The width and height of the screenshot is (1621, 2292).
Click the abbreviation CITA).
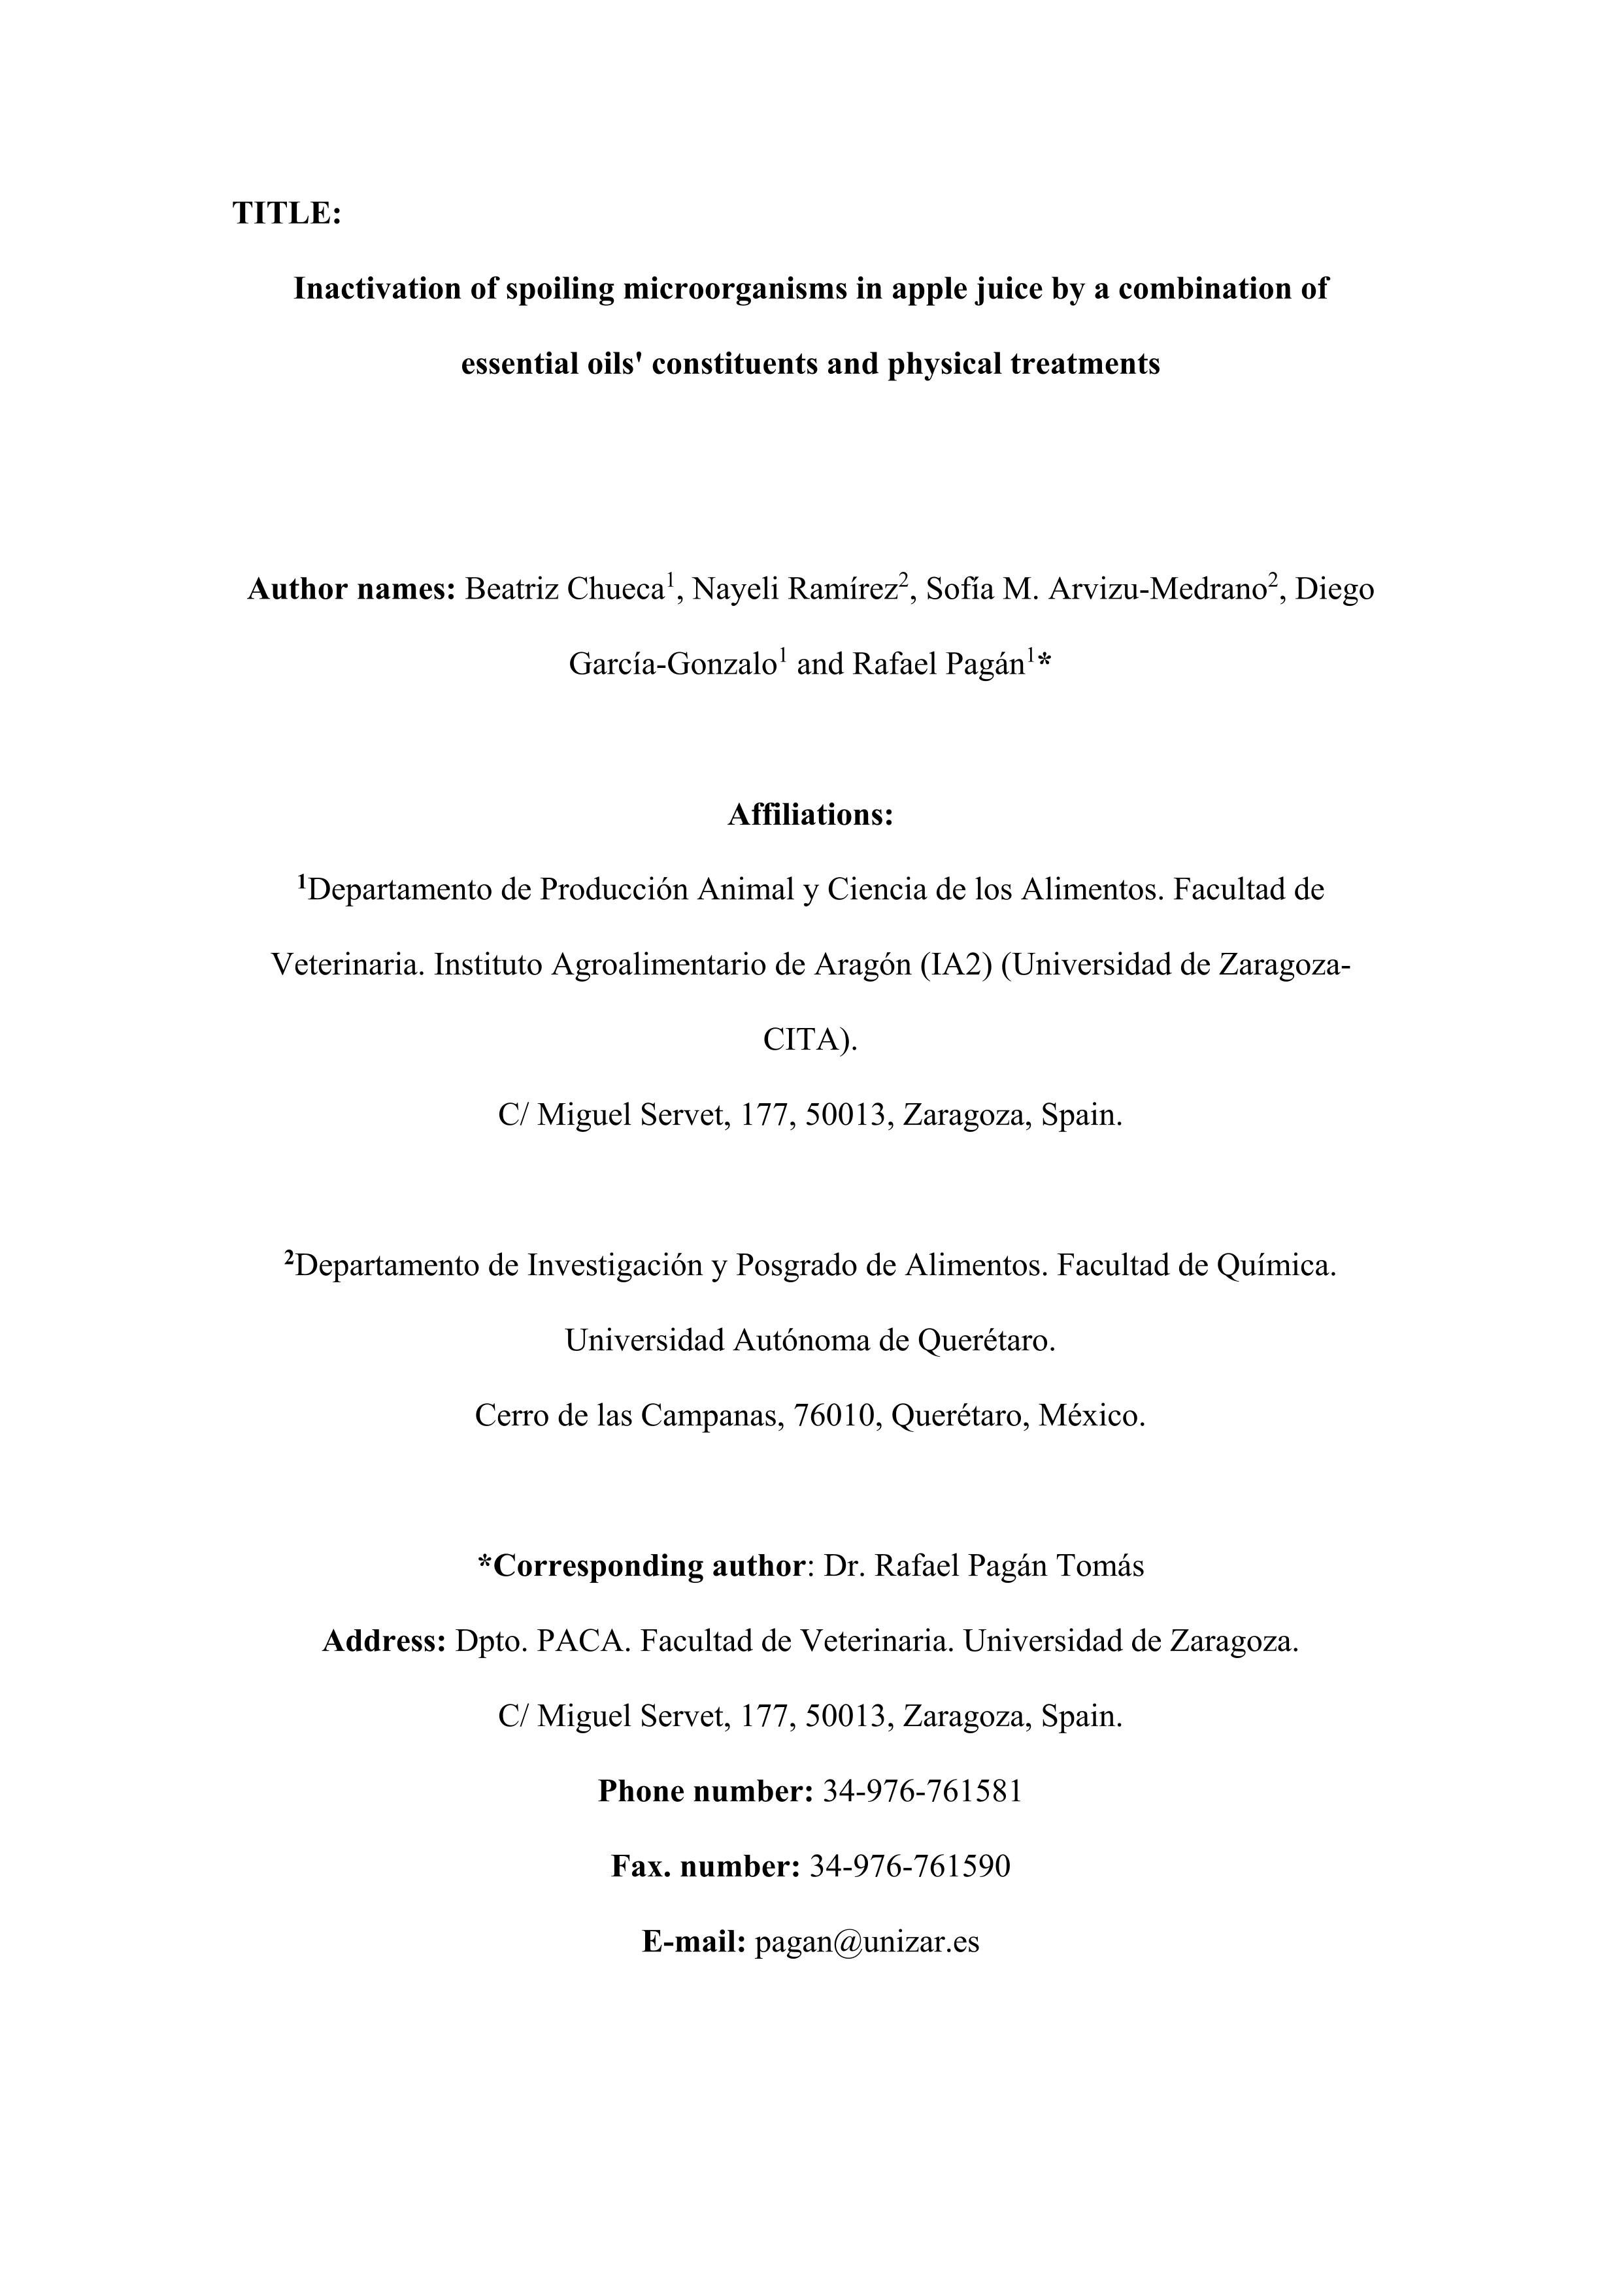[809, 1040]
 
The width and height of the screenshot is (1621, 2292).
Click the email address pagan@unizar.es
[867, 1942]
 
